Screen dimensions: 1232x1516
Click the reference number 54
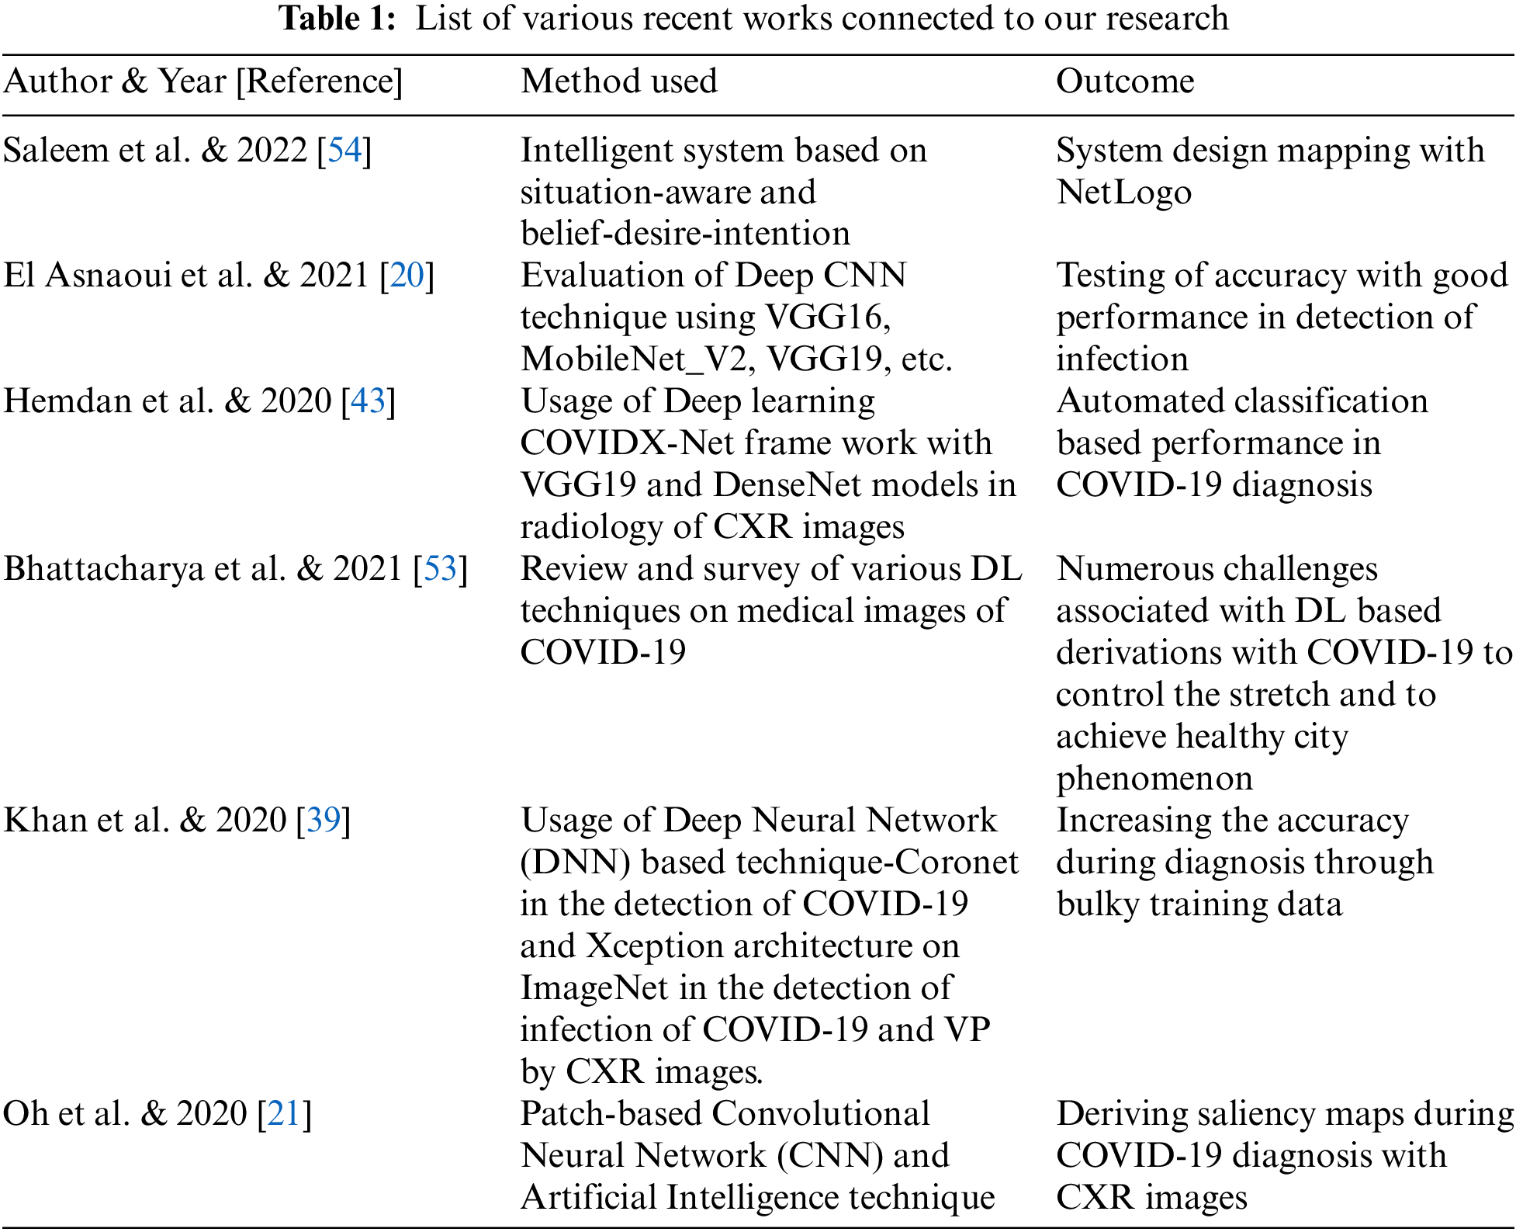pos(344,151)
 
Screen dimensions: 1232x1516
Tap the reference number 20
pos(407,276)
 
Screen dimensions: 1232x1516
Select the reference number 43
pos(369,401)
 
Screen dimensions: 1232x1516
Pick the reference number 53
pos(441,569)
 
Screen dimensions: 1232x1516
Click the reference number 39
pos(324,821)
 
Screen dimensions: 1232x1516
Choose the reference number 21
pos(284,1114)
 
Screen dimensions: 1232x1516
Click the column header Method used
pos(618,82)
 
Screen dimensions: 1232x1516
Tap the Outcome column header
pos(1124,82)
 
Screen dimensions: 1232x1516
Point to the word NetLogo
pos(1123,193)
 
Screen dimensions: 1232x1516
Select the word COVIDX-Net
pos(627,443)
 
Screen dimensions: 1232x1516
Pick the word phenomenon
pos(1154,779)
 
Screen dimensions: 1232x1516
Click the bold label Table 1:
pos(337,19)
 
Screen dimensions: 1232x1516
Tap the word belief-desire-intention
pos(685,234)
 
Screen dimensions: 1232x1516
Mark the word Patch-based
pos(611,1114)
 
